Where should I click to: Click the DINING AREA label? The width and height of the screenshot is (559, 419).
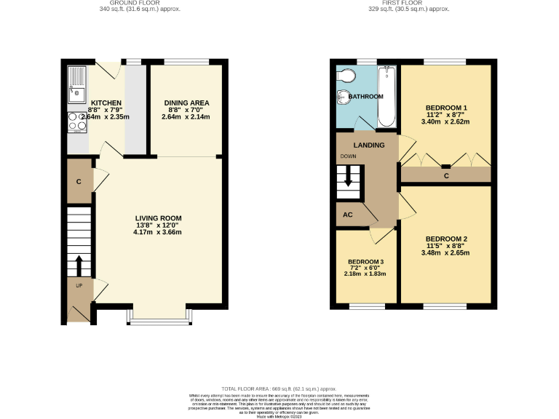point(184,103)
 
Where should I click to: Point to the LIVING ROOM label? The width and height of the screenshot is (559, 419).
point(158,218)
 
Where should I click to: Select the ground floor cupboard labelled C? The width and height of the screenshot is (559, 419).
point(79,181)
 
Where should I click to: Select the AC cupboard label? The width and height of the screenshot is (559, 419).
point(347,215)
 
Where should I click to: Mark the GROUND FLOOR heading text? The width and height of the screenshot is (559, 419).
point(140,3)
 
